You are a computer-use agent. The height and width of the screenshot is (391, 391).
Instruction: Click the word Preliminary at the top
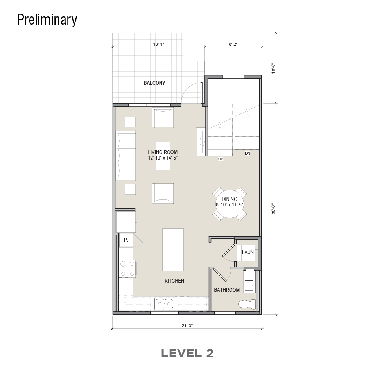47,20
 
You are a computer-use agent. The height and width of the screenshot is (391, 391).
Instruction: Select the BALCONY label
154,83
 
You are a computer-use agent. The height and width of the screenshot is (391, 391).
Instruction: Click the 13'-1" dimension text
159,44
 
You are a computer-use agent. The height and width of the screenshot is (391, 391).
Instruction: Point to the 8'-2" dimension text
233,44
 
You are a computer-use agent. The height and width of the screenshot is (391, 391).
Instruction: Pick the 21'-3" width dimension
187,326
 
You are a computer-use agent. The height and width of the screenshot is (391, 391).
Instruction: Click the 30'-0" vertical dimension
273,209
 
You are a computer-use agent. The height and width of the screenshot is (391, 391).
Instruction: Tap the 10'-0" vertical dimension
273,68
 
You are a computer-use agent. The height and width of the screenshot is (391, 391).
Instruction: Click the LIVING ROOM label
163,152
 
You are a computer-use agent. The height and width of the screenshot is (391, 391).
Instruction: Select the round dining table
230,203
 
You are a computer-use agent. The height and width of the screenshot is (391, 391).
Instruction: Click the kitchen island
173,249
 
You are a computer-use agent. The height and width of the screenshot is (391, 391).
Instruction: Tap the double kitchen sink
164,304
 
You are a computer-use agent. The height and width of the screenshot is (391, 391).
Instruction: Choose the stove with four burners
128,268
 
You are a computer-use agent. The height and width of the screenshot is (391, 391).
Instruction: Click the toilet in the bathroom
247,304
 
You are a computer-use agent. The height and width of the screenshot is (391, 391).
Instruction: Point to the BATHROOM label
227,290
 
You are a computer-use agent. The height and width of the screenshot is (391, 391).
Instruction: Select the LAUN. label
248,252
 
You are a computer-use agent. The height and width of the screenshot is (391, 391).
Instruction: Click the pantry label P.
126,240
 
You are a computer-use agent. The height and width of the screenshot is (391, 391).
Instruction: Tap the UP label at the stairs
221,159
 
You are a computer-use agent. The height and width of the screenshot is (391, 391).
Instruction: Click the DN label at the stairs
248,153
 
